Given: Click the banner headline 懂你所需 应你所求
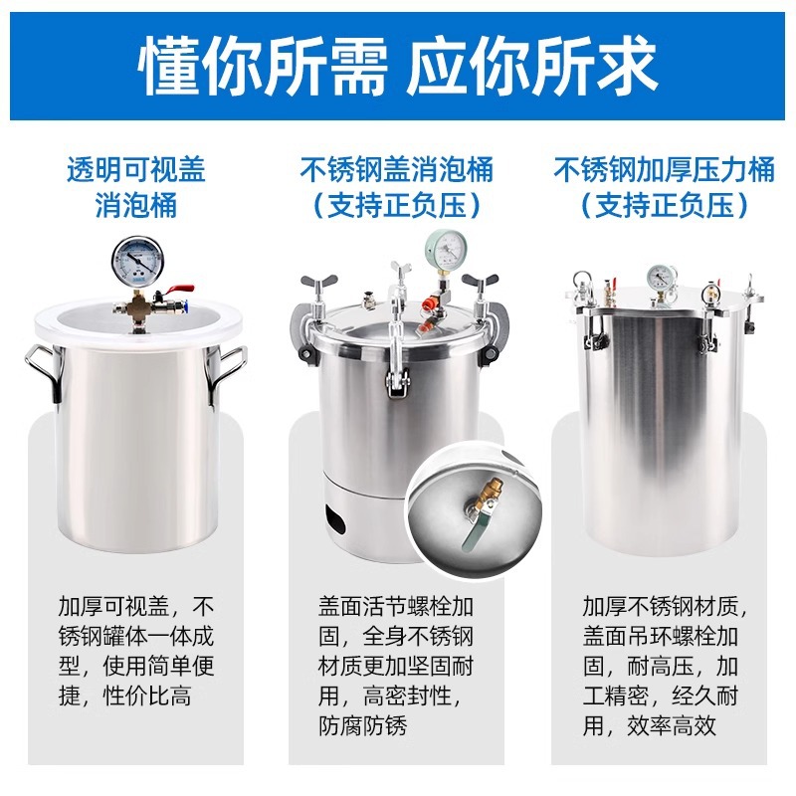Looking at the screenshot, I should (398, 66).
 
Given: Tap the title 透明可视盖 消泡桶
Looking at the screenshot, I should (136, 188).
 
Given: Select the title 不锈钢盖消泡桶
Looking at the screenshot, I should (397, 170).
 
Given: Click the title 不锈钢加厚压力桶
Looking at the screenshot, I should (664, 170).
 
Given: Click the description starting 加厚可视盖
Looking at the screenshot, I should (136, 651).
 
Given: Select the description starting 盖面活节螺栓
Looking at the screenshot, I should (397, 665).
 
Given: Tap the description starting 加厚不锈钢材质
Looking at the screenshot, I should (664, 665).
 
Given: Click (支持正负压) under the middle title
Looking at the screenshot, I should (397, 206).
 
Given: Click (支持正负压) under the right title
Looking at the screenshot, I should (664, 206).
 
